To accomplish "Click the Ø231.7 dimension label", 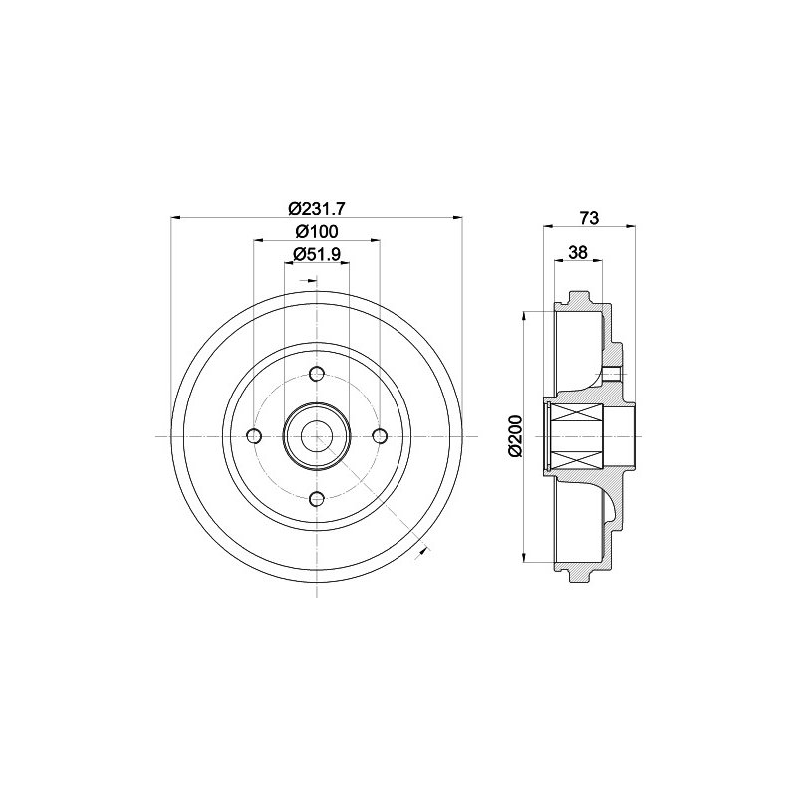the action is (x=317, y=208).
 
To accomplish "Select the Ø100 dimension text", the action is (x=317, y=232).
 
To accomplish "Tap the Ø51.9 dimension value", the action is (x=316, y=254).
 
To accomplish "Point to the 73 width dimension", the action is (x=589, y=218).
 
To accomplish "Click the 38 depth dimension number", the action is (x=578, y=252).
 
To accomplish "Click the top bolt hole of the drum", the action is (x=317, y=374).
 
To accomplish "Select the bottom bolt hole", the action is (x=317, y=499).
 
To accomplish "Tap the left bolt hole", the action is (x=254, y=436).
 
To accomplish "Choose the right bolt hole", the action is (x=380, y=436).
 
